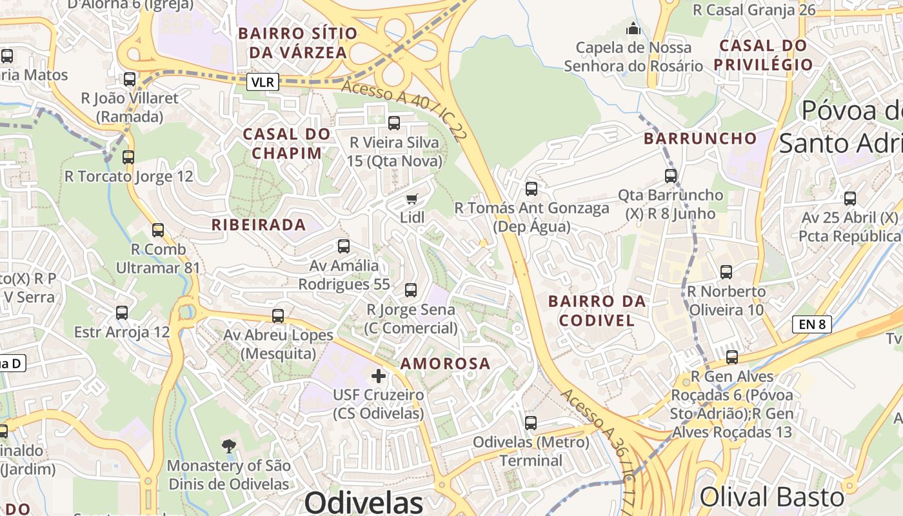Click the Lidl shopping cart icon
click(x=412, y=199)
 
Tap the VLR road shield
click(x=263, y=82)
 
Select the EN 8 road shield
click(x=812, y=324)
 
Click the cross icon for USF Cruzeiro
click(x=379, y=375)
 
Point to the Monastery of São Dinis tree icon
click(x=228, y=446)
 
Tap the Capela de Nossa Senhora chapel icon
click(x=633, y=29)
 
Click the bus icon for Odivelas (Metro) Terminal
click(x=531, y=423)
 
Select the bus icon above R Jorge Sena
click(x=411, y=290)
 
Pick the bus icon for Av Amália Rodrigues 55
click(x=344, y=246)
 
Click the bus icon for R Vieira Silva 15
click(x=394, y=123)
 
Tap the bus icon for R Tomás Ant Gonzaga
click(x=531, y=189)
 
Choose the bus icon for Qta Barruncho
click(x=671, y=175)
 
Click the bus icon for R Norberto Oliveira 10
click(x=726, y=272)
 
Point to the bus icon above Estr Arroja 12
click(x=122, y=313)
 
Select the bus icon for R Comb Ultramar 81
click(x=158, y=230)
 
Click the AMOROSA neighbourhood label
click(x=445, y=364)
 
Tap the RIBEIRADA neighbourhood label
click(x=259, y=225)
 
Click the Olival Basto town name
click(x=771, y=497)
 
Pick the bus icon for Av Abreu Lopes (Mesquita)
click(x=278, y=316)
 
